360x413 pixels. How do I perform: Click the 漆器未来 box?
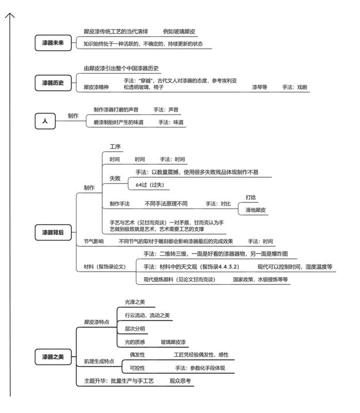[x=53, y=43]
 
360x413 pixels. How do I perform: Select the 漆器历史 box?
[x=53, y=82]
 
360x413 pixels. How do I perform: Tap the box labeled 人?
[x=45, y=121]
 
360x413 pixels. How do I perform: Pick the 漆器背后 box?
[x=53, y=233]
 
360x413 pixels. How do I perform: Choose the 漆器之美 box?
[x=53, y=357]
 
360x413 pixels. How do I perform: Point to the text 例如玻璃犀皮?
[x=179, y=31]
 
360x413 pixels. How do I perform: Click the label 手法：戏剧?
[x=294, y=88]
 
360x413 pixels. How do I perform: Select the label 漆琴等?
[x=259, y=88]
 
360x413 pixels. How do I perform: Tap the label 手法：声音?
[x=166, y=109]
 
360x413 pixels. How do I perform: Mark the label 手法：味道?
[x=171, y=122]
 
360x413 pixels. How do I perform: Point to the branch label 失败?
[x=114, y=178]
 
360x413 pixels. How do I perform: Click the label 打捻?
[x=251, y=197]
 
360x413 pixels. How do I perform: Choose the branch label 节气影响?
[x=94, y=241]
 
